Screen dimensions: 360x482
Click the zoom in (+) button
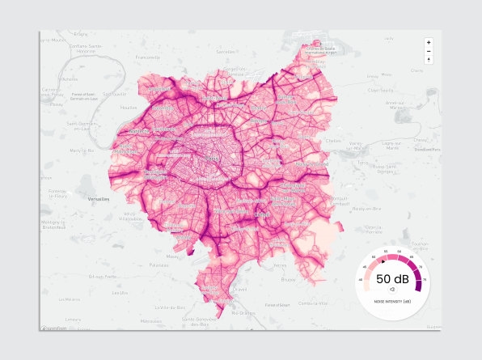[x=429, y=42]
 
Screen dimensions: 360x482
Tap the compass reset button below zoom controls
[x=429, y=60]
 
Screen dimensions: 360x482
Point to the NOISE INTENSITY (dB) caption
[x=392, y=301]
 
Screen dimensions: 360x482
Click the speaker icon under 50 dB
[x=392, y=288]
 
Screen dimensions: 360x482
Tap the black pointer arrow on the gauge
[x=383, y=260]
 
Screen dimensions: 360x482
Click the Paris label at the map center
[x=213, y=159]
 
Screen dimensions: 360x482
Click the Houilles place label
[x=126, y=107]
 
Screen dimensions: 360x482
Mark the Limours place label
[x=74, y=319]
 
